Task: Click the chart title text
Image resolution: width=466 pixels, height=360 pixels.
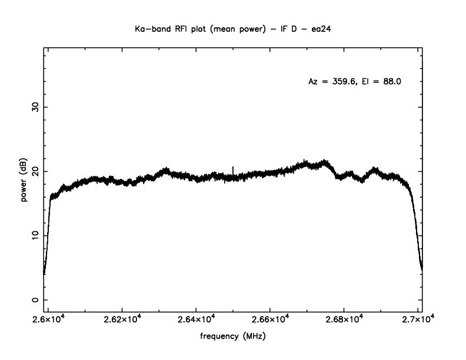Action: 232,29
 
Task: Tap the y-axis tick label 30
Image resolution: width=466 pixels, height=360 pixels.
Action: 35,107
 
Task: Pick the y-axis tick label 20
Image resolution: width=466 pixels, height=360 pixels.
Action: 35,171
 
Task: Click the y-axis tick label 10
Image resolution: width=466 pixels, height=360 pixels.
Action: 35,235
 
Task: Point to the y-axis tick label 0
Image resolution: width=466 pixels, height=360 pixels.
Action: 35,299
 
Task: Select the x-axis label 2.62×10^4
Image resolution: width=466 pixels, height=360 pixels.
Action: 122,319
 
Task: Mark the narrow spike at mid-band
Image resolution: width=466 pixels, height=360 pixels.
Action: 233,169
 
